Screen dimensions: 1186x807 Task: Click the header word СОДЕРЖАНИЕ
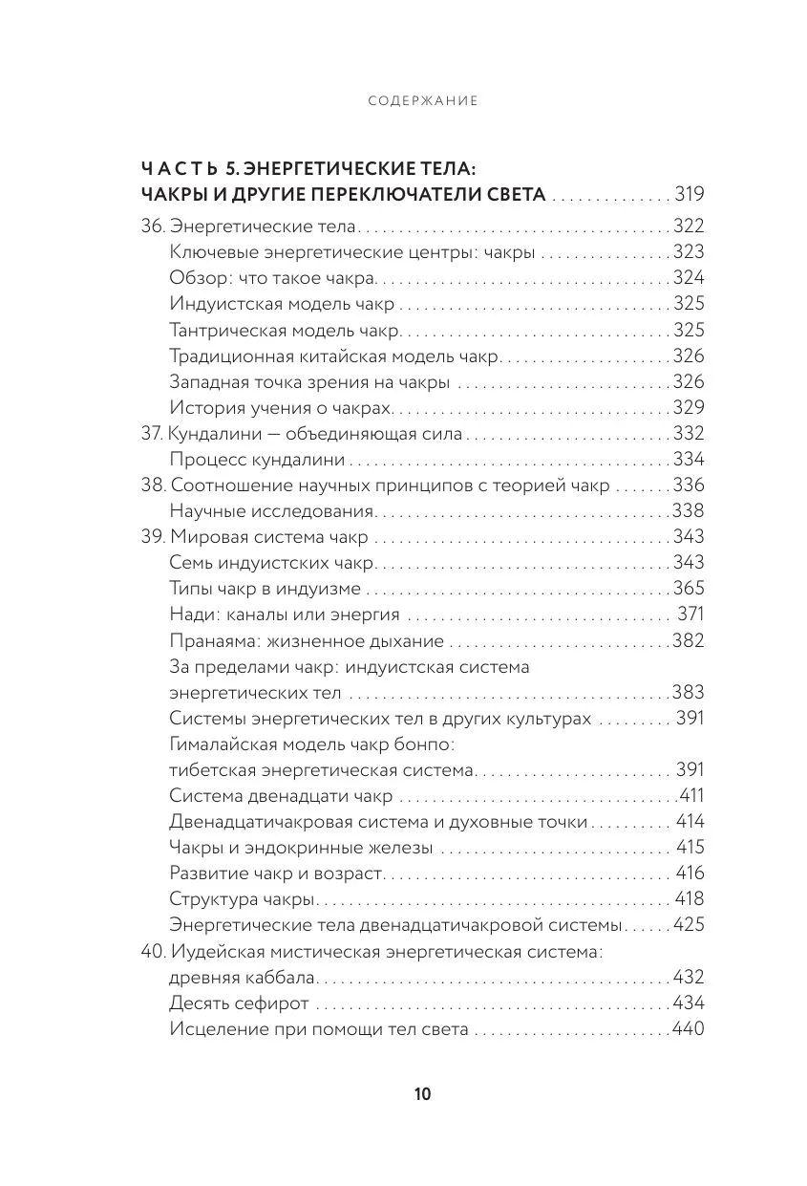coord(423,100)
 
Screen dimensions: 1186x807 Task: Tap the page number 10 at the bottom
coord(423,1094)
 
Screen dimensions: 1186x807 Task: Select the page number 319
coord(689,195)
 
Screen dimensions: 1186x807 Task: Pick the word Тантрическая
coord(224,331)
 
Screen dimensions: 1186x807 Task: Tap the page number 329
coord(689,408)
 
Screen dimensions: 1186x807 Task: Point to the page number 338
coord(689,511)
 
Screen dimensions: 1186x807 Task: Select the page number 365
coord(689,589)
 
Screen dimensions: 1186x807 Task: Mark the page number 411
coord(690,796)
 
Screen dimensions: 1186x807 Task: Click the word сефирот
coord(273,1003)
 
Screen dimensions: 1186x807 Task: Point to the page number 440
coord(688,1029)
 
